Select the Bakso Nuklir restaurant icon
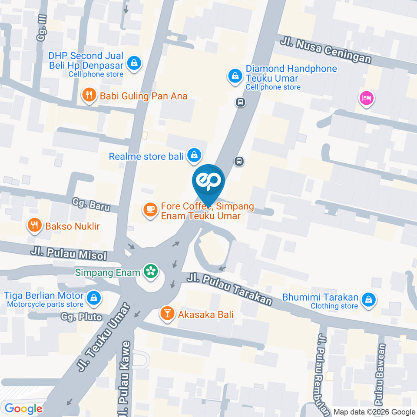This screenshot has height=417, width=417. (34, 225)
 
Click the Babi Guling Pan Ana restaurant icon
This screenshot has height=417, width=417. (89, 96)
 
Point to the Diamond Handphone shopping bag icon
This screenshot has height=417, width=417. (235, 76)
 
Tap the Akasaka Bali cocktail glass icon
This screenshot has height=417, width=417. (167, 313)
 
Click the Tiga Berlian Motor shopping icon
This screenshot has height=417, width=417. (93, 298)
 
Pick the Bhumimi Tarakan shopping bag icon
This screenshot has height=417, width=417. (368, 299)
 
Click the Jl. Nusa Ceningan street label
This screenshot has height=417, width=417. (326, 50)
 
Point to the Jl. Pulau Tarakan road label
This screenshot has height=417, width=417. (230, 288)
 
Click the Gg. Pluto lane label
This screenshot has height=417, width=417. (81, 317)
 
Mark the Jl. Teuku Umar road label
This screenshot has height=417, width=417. (104, 338)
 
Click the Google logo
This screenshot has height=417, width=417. (23, 409)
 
